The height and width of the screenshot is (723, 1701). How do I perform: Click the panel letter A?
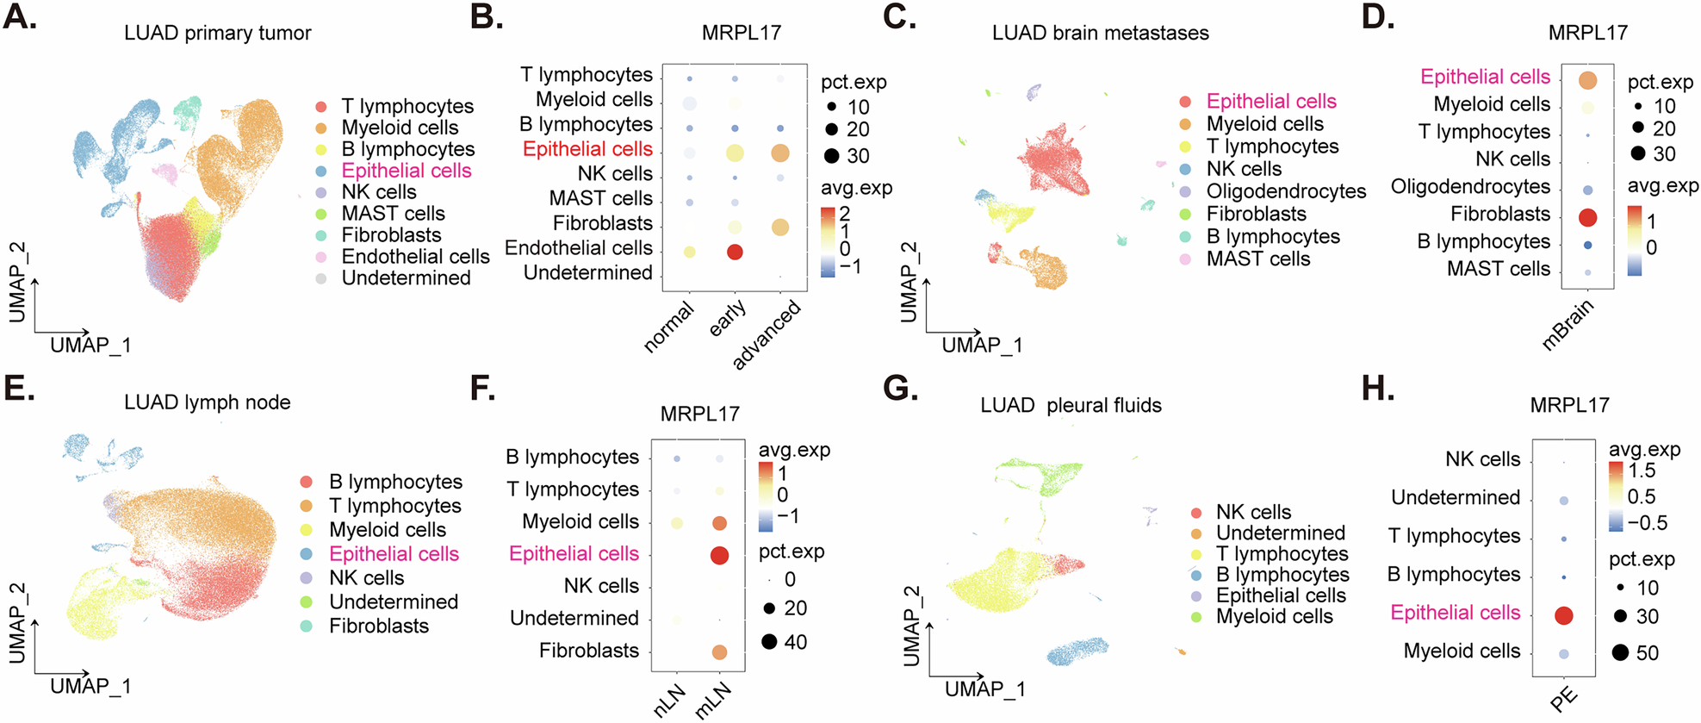click(20, 17)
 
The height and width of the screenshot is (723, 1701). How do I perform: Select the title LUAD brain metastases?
click(1100, 33)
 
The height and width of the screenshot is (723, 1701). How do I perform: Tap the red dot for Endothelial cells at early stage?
click(735, 252)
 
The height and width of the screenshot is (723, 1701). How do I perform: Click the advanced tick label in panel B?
click(767, 334)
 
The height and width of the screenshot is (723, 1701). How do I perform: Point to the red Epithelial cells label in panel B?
click(587, 149)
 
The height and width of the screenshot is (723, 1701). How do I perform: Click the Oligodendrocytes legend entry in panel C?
click(1285, 191)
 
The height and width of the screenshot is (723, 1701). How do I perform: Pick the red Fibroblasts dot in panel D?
click(1587, 217)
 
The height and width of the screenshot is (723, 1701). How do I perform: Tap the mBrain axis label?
click(1568, 324)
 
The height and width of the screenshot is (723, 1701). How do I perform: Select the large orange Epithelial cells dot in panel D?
click(1587, 80)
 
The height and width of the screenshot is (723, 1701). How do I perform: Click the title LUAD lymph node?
click(207, 402)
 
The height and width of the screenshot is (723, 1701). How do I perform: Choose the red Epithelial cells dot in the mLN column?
click(719, 556)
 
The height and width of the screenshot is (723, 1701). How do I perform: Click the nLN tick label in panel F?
click(669, 700)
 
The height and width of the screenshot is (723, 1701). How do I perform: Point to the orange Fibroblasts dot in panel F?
click(719, 652)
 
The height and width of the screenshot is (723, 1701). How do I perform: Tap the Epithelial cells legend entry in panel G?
click(1280, 595)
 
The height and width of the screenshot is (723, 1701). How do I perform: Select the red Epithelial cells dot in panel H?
click(1564, 615)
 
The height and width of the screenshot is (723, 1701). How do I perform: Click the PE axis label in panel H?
click(1563, 699)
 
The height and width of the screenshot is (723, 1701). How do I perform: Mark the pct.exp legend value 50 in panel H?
click(1647, 653)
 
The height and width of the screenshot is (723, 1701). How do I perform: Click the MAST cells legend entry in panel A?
click(393, 214)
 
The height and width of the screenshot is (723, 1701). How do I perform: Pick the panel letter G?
click(900, 389)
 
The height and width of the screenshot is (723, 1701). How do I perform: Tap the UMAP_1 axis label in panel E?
click(90, 686)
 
